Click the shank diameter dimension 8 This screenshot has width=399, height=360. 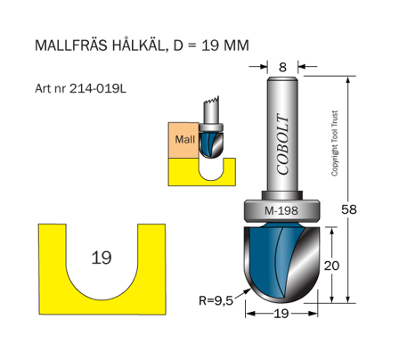[x=282, y=65]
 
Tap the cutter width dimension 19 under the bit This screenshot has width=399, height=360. [x=282, y=314]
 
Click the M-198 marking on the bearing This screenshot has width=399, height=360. [x=281, y=211]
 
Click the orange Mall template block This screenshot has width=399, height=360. [x=184, y=139]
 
